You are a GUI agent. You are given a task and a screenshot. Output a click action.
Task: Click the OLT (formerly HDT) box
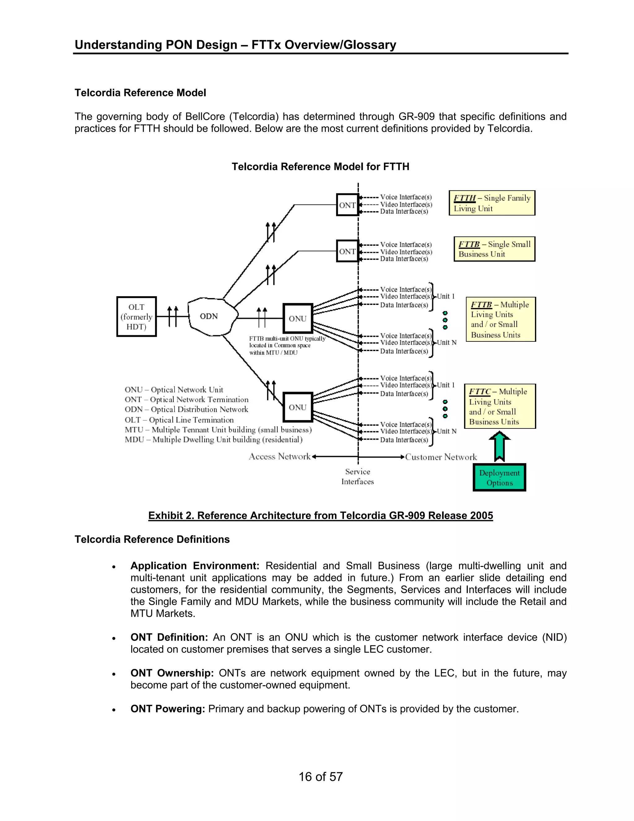[x=136, y=317]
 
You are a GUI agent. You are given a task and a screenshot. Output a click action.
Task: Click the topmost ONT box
[x=347, y=205]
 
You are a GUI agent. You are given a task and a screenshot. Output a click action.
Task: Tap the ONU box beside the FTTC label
[x=298, y=407]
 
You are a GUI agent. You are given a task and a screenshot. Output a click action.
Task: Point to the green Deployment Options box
[x=499, y=478]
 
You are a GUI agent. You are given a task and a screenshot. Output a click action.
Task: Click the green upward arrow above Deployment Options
[x=499, y=446]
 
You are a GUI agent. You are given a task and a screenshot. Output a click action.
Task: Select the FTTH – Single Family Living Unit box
[x=492, y=203]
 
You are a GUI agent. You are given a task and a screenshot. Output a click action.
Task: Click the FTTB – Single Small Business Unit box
[x=494, y=249]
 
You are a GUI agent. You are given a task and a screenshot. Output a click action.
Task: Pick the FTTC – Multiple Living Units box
[x=500, y=406]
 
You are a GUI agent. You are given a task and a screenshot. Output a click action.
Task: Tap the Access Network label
[x=280, y=457]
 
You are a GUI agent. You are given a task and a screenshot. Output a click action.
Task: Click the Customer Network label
[x=441, y=457]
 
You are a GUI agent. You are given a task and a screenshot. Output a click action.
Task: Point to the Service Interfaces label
[x=358, y=477]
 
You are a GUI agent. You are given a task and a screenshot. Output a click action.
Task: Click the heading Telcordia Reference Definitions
[x=152, y=539]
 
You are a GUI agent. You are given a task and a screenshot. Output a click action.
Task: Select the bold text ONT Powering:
[x=167, y=709]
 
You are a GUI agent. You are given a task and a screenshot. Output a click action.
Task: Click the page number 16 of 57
[x=320, y=777]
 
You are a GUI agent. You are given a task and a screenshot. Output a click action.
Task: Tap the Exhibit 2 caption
[x=320, y=516]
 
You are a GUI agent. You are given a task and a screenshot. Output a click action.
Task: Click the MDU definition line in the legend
[x=213, y=439]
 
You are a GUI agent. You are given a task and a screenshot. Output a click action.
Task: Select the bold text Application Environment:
[x=194, y=566]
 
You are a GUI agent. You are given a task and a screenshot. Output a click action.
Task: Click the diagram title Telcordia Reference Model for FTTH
[x=320, y=167]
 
